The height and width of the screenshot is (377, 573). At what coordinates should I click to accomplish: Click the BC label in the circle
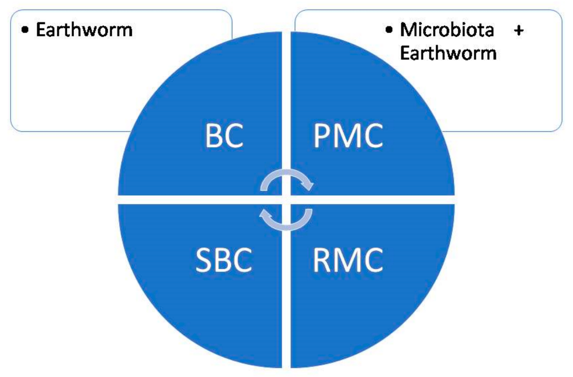point(223,136)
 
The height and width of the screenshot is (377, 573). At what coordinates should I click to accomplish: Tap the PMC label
point(348,136)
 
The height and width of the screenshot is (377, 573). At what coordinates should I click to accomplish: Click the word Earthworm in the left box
point(84,30)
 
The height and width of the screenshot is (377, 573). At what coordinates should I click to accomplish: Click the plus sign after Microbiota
point(519,30)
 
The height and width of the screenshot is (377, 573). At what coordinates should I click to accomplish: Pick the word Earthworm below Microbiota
point(448,53)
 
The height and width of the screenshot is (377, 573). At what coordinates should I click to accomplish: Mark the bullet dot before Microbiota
point(390,30)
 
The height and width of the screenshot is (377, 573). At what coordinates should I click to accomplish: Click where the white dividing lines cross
point(286,199)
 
